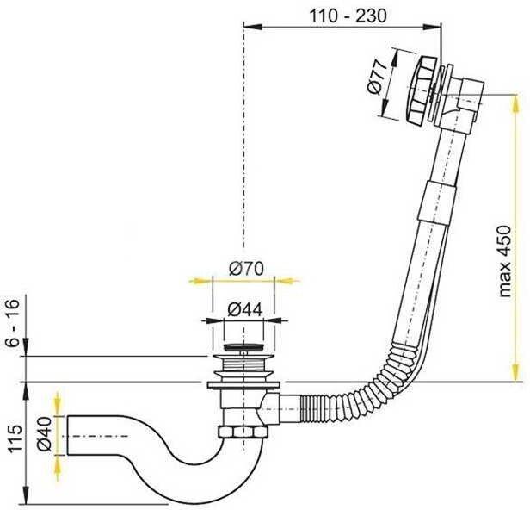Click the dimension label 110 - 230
(348, 16)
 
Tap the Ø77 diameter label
(377, 78)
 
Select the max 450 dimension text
(504, 261)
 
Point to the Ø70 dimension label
(246, 269)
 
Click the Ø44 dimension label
(244, 309)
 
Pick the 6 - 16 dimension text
(13, 323)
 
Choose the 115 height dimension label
(15, 439)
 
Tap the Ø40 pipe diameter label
(44, 434)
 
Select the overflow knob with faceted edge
(419, 90)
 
